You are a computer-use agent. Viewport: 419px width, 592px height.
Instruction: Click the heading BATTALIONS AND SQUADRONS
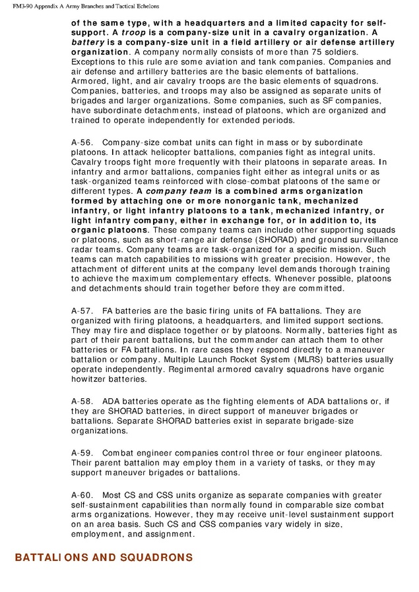click(104, 558)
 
